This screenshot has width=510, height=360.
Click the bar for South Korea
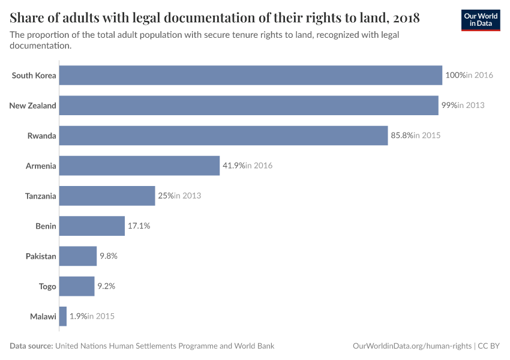click(x=251, y=76)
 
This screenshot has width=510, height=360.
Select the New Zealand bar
click(x=248, y=106)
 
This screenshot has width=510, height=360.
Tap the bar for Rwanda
click(x=223, y=136)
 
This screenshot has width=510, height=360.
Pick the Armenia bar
click(x=139, y=166)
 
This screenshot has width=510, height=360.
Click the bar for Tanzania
click(x=107, y=196)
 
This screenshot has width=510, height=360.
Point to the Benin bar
click(x=92, y=226)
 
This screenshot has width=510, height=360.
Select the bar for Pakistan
click(x=78, y=256)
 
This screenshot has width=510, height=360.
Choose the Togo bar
click(x=77, y=286)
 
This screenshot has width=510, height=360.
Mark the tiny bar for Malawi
click(x=63, y=316)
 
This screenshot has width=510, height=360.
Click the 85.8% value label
click(x=402, y=136)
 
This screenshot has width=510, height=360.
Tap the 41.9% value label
click(x=234, y=166)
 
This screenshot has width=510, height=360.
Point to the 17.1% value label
click(x=139, y=226)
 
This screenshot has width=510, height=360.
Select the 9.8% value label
click(x=109, y=256)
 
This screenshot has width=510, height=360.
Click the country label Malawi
click(x=43, y=316)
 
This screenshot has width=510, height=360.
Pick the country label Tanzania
click(x=41, y=196)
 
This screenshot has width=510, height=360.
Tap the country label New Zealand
click(x=33, y=106)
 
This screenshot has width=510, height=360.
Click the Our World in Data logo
click(x=481, y=20)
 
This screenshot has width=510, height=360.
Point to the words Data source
click(x=31, y=346)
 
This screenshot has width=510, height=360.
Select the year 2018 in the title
click(x=406, y=18)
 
